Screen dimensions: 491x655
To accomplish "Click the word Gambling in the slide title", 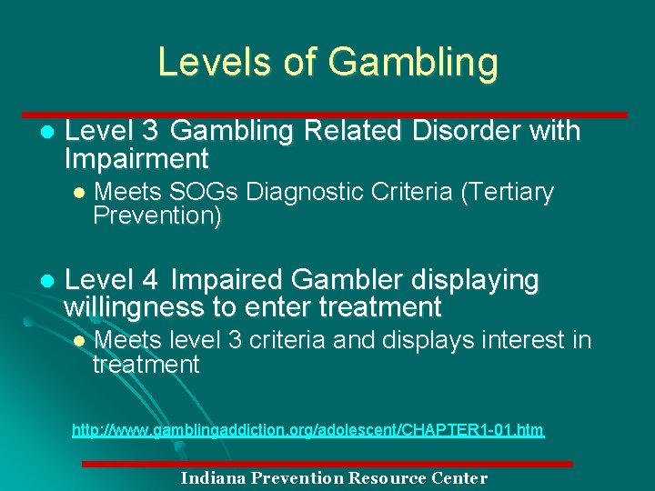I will click(413, 63).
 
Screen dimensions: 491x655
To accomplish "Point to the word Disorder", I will click(468, 132).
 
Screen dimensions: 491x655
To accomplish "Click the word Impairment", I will click(136, 159).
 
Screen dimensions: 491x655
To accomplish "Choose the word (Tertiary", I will click(505, 193).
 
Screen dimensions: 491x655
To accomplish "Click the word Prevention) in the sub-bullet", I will click(156, 216).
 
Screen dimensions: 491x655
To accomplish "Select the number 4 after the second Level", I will click(151, 279).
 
